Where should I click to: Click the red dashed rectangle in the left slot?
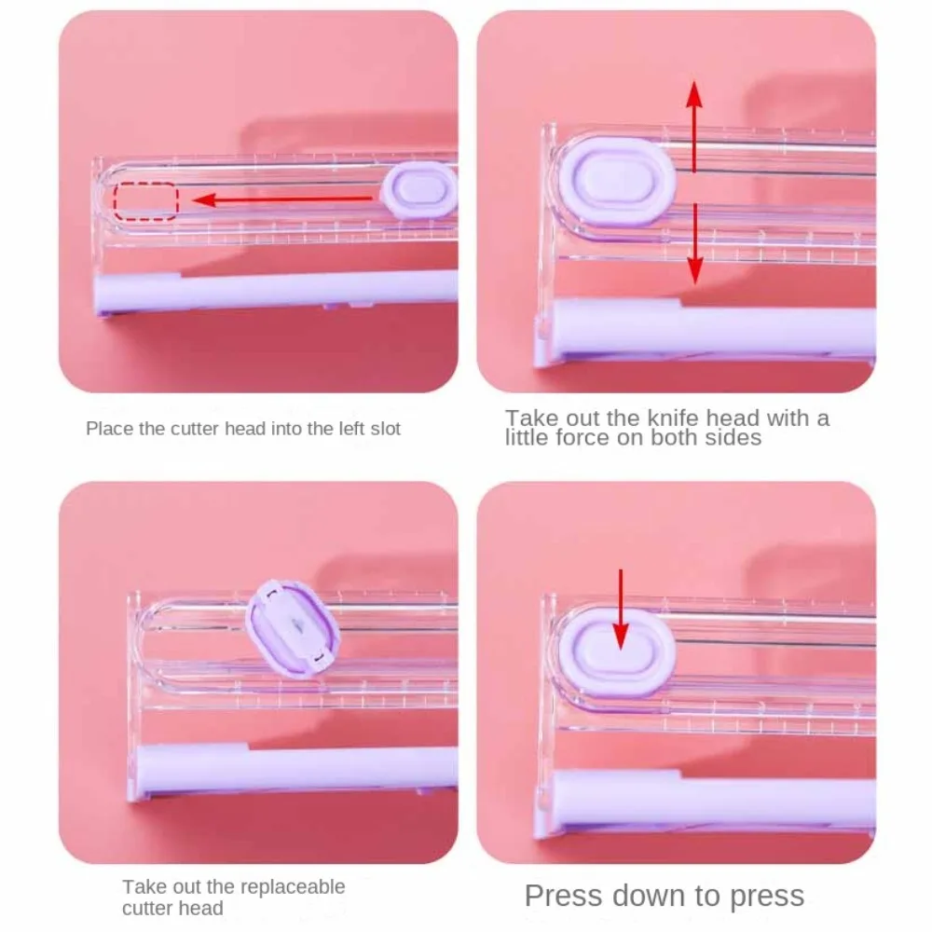click(x=145, y=200)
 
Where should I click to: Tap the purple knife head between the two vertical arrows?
click(x=618, y=182)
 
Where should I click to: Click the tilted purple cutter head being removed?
click(x=294, y=625)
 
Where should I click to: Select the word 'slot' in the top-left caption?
click(x=384, y=429)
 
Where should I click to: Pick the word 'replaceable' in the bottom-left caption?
click(x=290, y=886)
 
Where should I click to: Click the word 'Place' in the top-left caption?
click(x=107, y=429)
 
